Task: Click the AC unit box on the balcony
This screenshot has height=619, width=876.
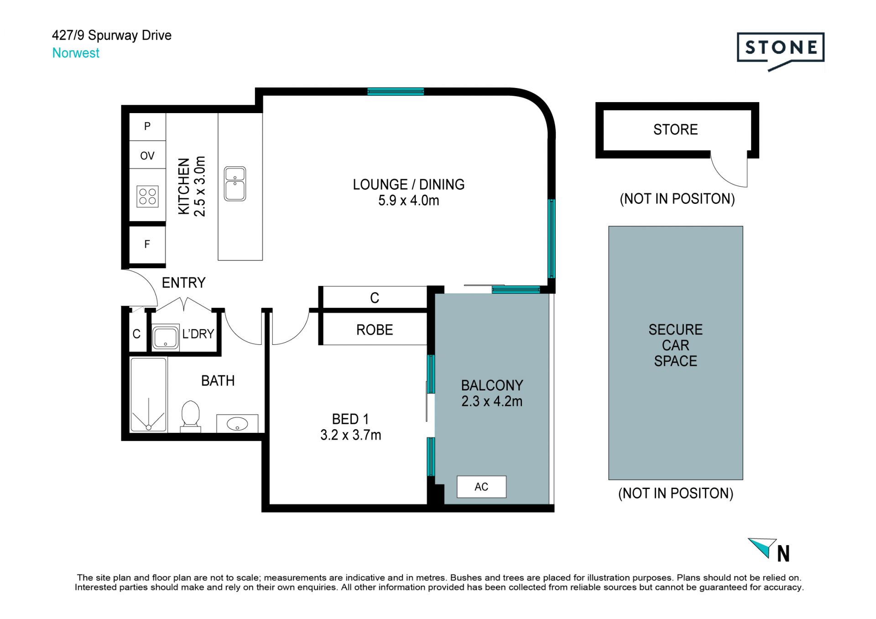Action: tap(481, 487)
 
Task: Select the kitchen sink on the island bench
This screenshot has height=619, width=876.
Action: tap(235, 184)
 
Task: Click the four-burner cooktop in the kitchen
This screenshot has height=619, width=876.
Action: tap(147, 196)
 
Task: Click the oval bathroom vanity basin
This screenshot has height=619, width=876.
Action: tap(237, 424)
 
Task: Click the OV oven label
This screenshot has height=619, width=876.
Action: tap(147, 156)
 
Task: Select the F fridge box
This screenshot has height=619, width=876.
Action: tap(147, 244)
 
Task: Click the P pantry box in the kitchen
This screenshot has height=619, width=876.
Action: tap(147, 126)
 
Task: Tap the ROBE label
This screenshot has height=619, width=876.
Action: tap(375, 330)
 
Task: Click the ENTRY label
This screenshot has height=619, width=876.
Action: tap(183, 283)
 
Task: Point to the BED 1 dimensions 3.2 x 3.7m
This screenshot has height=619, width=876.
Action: tap(350, 435)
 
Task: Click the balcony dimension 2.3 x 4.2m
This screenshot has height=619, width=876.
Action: tap(492, 401)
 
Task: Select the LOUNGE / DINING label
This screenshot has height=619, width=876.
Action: tap(409, 184)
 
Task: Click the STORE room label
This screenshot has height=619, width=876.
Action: tap(676, 130)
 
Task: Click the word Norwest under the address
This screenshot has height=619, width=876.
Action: tap(76, 53)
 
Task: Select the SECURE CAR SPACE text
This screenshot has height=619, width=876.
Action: tap(676, 345)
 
